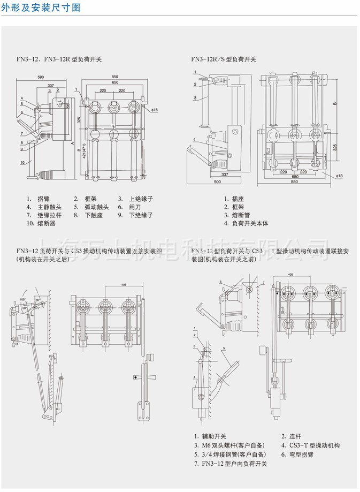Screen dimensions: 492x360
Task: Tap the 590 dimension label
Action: (41, 77)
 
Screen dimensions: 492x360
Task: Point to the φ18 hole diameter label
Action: (155, 110)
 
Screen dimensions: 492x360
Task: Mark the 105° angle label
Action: (23, 299)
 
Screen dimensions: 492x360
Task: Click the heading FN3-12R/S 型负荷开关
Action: (224, 59)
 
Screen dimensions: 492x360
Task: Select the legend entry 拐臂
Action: (43, 198)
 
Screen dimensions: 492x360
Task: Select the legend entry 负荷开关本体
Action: (250, 223)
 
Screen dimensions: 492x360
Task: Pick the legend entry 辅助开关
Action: (213, 436)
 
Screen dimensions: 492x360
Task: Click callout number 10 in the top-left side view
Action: (23, 162)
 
